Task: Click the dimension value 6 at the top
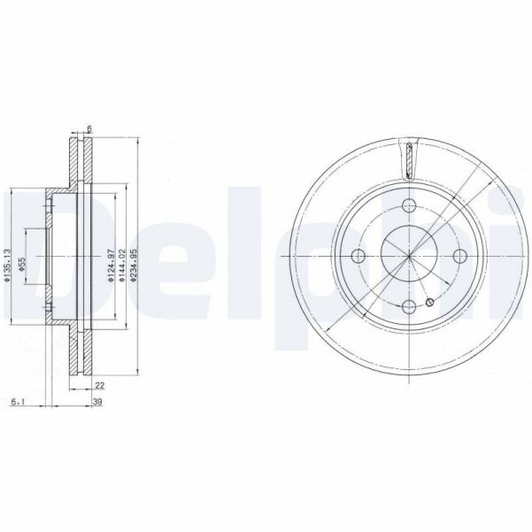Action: pyautogui.click(x=89, y=130)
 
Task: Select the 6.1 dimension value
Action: pyautogui.click(x=17, y=403)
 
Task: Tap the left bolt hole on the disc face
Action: pyautogui.click(x=359, y=257)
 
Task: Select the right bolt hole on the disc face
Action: pyautogui.click(x=459, y=257)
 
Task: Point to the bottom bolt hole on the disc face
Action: pyautogui.click(x=409, y=307)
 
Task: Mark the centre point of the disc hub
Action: pyautogui.click(x=409, y=257)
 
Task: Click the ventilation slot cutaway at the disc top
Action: pyautogui.click(x=410, y=162)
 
